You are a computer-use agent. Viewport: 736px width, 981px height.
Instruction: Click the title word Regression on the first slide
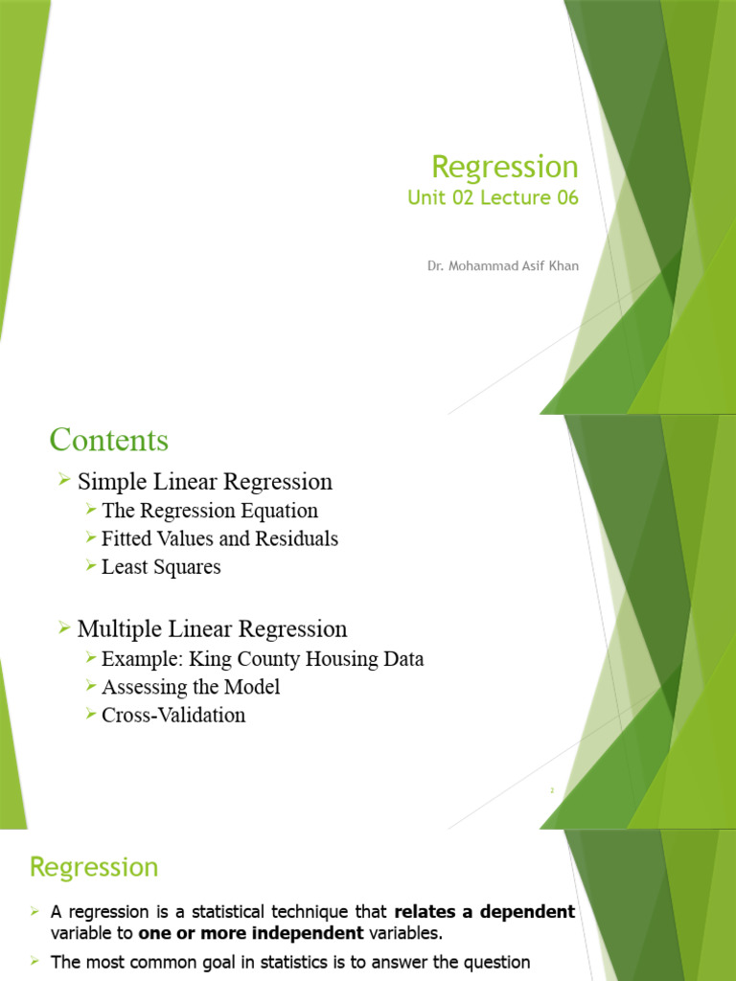click(504, 167)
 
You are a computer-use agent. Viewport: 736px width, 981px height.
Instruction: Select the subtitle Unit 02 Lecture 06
click(493, 198)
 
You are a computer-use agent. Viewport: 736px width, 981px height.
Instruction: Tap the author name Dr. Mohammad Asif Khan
click(502, 265)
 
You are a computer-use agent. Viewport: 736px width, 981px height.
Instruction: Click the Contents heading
click(108, 441)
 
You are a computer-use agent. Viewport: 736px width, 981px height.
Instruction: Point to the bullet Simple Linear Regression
click(204, 482)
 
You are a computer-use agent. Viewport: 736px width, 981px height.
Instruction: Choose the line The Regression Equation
click(209, 511)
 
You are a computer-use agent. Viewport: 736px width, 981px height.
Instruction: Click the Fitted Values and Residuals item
click(219, 539)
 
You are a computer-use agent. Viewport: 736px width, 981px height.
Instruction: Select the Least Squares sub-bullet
click(160, 567)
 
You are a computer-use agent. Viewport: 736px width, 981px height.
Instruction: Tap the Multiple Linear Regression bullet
click(212, 629)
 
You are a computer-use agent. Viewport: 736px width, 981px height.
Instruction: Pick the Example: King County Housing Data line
click(262, 659)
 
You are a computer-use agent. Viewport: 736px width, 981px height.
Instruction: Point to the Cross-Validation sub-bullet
click(172, 715)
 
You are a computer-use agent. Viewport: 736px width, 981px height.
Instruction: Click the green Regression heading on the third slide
click(94, 868)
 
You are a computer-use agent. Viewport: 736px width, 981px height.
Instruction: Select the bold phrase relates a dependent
click(485, 912)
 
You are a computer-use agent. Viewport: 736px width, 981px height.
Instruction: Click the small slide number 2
click(552, 790)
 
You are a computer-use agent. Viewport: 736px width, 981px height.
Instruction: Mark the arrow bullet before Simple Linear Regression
click(64, 480)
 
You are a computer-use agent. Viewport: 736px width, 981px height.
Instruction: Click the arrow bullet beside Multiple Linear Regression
click(64, 627)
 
